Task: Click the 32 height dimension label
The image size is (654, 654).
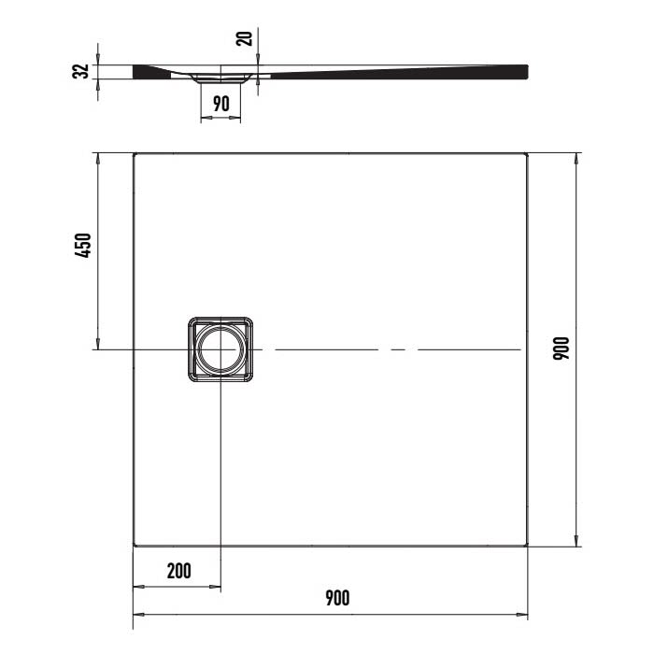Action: click(x=81, y=71)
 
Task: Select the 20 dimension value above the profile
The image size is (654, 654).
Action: click(x=244, y=38)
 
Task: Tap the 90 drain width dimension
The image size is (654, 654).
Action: click(x=220, y=104)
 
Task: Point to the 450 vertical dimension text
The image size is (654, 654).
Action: click(x=81, y=246)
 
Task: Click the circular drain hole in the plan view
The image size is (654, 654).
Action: click(x=220, y=349)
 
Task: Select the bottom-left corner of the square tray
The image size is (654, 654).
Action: click(x=135, y=545)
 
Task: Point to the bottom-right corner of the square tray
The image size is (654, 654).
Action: click(x=528, y=545)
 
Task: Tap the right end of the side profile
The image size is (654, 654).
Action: click(x=525, y=70)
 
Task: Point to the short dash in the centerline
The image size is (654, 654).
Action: click(x=398, y=349)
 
